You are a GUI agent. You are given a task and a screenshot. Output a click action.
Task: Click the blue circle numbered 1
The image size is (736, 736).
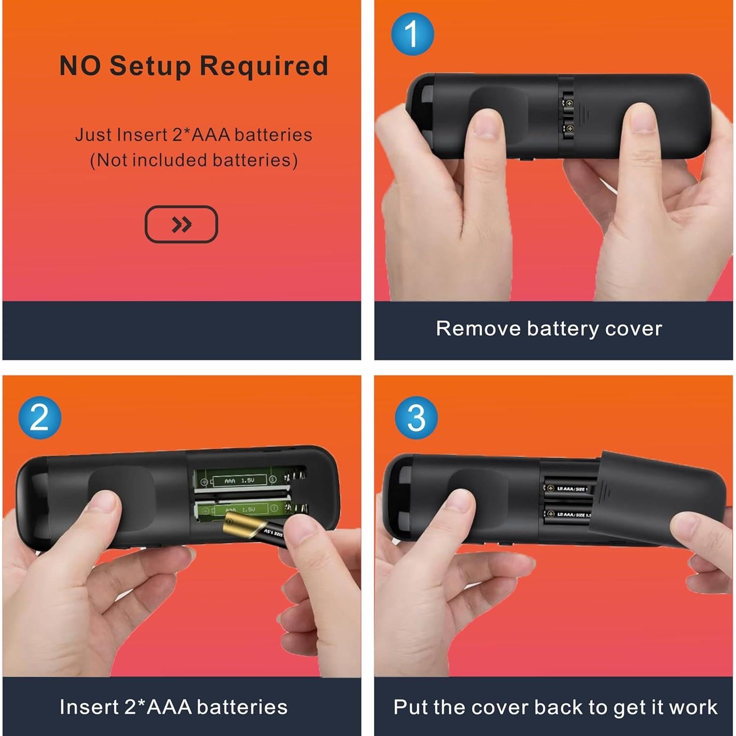coord(412,34)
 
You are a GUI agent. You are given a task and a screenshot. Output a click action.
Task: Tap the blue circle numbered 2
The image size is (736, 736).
coord(40,418)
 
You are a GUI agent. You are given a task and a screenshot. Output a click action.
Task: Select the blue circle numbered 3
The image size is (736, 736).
coord(416,418)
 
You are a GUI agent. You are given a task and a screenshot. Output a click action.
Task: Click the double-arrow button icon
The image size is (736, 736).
coord(181,224)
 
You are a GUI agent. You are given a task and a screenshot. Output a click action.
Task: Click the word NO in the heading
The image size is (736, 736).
coord(80,66)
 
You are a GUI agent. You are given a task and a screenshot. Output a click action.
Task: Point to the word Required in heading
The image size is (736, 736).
coord(264,66)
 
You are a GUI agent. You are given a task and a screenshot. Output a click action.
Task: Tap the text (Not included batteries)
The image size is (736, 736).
coord(194,160)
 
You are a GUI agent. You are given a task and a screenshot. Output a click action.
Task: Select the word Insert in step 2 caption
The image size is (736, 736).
coord(88,707)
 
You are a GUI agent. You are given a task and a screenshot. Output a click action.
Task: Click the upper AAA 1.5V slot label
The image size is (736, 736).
coord(239,481)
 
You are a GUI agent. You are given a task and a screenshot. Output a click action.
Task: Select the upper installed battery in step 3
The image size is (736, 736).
coord(567,488)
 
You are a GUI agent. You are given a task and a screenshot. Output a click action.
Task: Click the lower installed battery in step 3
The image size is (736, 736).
coord(567,514)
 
